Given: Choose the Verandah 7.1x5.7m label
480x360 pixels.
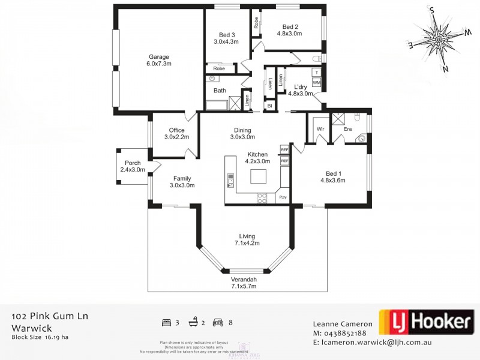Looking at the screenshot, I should [x=244, y=283].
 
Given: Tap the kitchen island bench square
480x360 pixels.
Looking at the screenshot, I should [x=259, y=176].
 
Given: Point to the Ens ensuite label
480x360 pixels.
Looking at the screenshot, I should [x=347, y=129].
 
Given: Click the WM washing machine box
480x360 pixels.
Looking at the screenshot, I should [x=316, y=82].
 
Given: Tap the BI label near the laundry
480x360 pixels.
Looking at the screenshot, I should [x=270, y=106].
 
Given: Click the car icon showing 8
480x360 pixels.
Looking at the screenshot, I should [x=219, y=322].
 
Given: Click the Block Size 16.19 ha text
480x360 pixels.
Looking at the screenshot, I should [x=40, y=337].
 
